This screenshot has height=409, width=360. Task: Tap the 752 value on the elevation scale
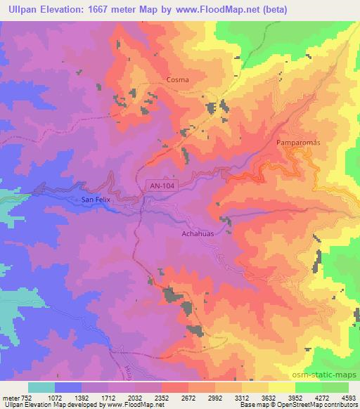tap(24, 398)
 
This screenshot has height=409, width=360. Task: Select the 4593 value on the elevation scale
tap(349, 398)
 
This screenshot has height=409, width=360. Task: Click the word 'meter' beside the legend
tap(9, 398)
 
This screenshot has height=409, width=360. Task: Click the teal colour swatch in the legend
tap(41, 387)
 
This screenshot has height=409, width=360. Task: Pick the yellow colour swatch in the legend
tap(282, 387)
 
